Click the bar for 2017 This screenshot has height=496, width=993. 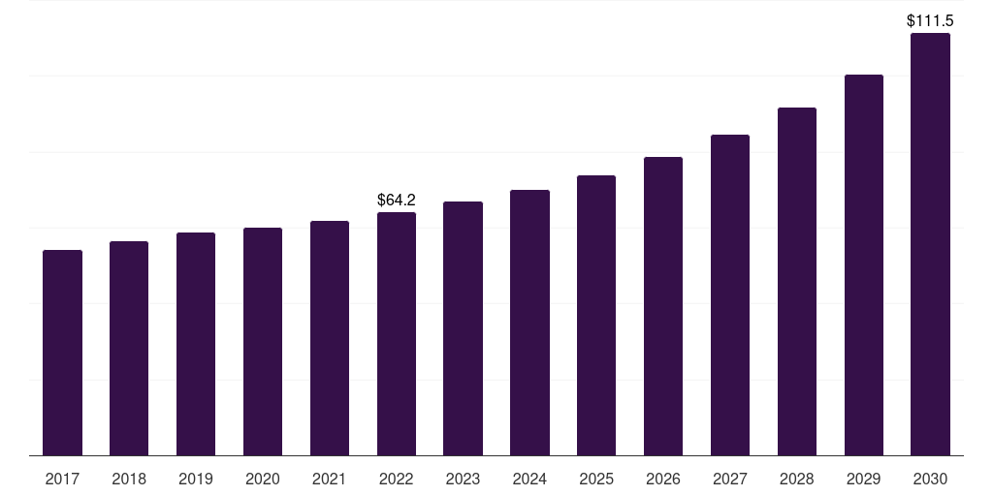(x=62, y=353)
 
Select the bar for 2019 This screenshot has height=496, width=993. (x=196, y=344)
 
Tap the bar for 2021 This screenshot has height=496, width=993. (x=330, y=338)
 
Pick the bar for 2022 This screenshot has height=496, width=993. (x=397, y=333)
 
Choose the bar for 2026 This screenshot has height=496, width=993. (x=663, y=306)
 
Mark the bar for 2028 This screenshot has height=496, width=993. (x=797, y=281)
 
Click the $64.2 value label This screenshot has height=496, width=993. (x=397, y=200)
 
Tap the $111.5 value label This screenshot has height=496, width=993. (x=930, y=20)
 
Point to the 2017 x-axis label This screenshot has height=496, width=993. (x=62, y=479)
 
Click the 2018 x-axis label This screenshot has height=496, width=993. (x=129, y=479)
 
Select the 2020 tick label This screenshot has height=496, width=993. (x=263, y=479)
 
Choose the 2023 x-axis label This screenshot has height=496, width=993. (x=463, y=479)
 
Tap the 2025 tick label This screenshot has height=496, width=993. (x=596, y=479)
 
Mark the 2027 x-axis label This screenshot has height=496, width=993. (x=730, y=479)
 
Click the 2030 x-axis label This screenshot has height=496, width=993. (x=930, y=479)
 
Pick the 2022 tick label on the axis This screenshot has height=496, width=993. (x=397, y=479)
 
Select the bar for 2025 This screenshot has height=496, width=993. (x=596, y=315)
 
